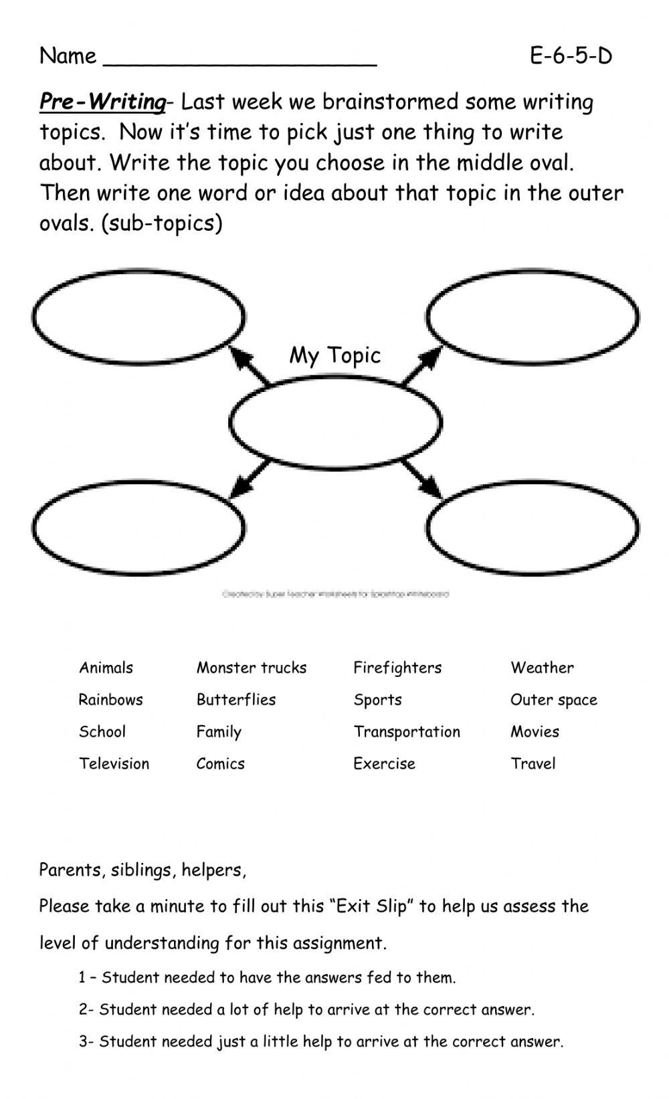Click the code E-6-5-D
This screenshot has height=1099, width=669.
(571, 56)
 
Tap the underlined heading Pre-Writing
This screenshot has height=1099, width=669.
(102, 102)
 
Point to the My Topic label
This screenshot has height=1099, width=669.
(334, 355)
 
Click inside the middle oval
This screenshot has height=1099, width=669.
(335, 422)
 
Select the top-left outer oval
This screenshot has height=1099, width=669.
(138, 317)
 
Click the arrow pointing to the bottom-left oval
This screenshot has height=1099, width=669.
(249, 479)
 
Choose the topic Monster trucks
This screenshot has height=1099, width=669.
(252, 668)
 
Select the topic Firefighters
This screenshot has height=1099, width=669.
(397, 668)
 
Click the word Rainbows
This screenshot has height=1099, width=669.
(110, 700)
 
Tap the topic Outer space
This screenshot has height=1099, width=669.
(553, 700)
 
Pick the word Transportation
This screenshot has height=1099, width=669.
(407, 732)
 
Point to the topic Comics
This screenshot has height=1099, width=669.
(220, 764)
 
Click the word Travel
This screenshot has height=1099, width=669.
(533, 764)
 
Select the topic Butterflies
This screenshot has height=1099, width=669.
(235, 700)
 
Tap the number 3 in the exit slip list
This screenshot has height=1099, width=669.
(83, 1041)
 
